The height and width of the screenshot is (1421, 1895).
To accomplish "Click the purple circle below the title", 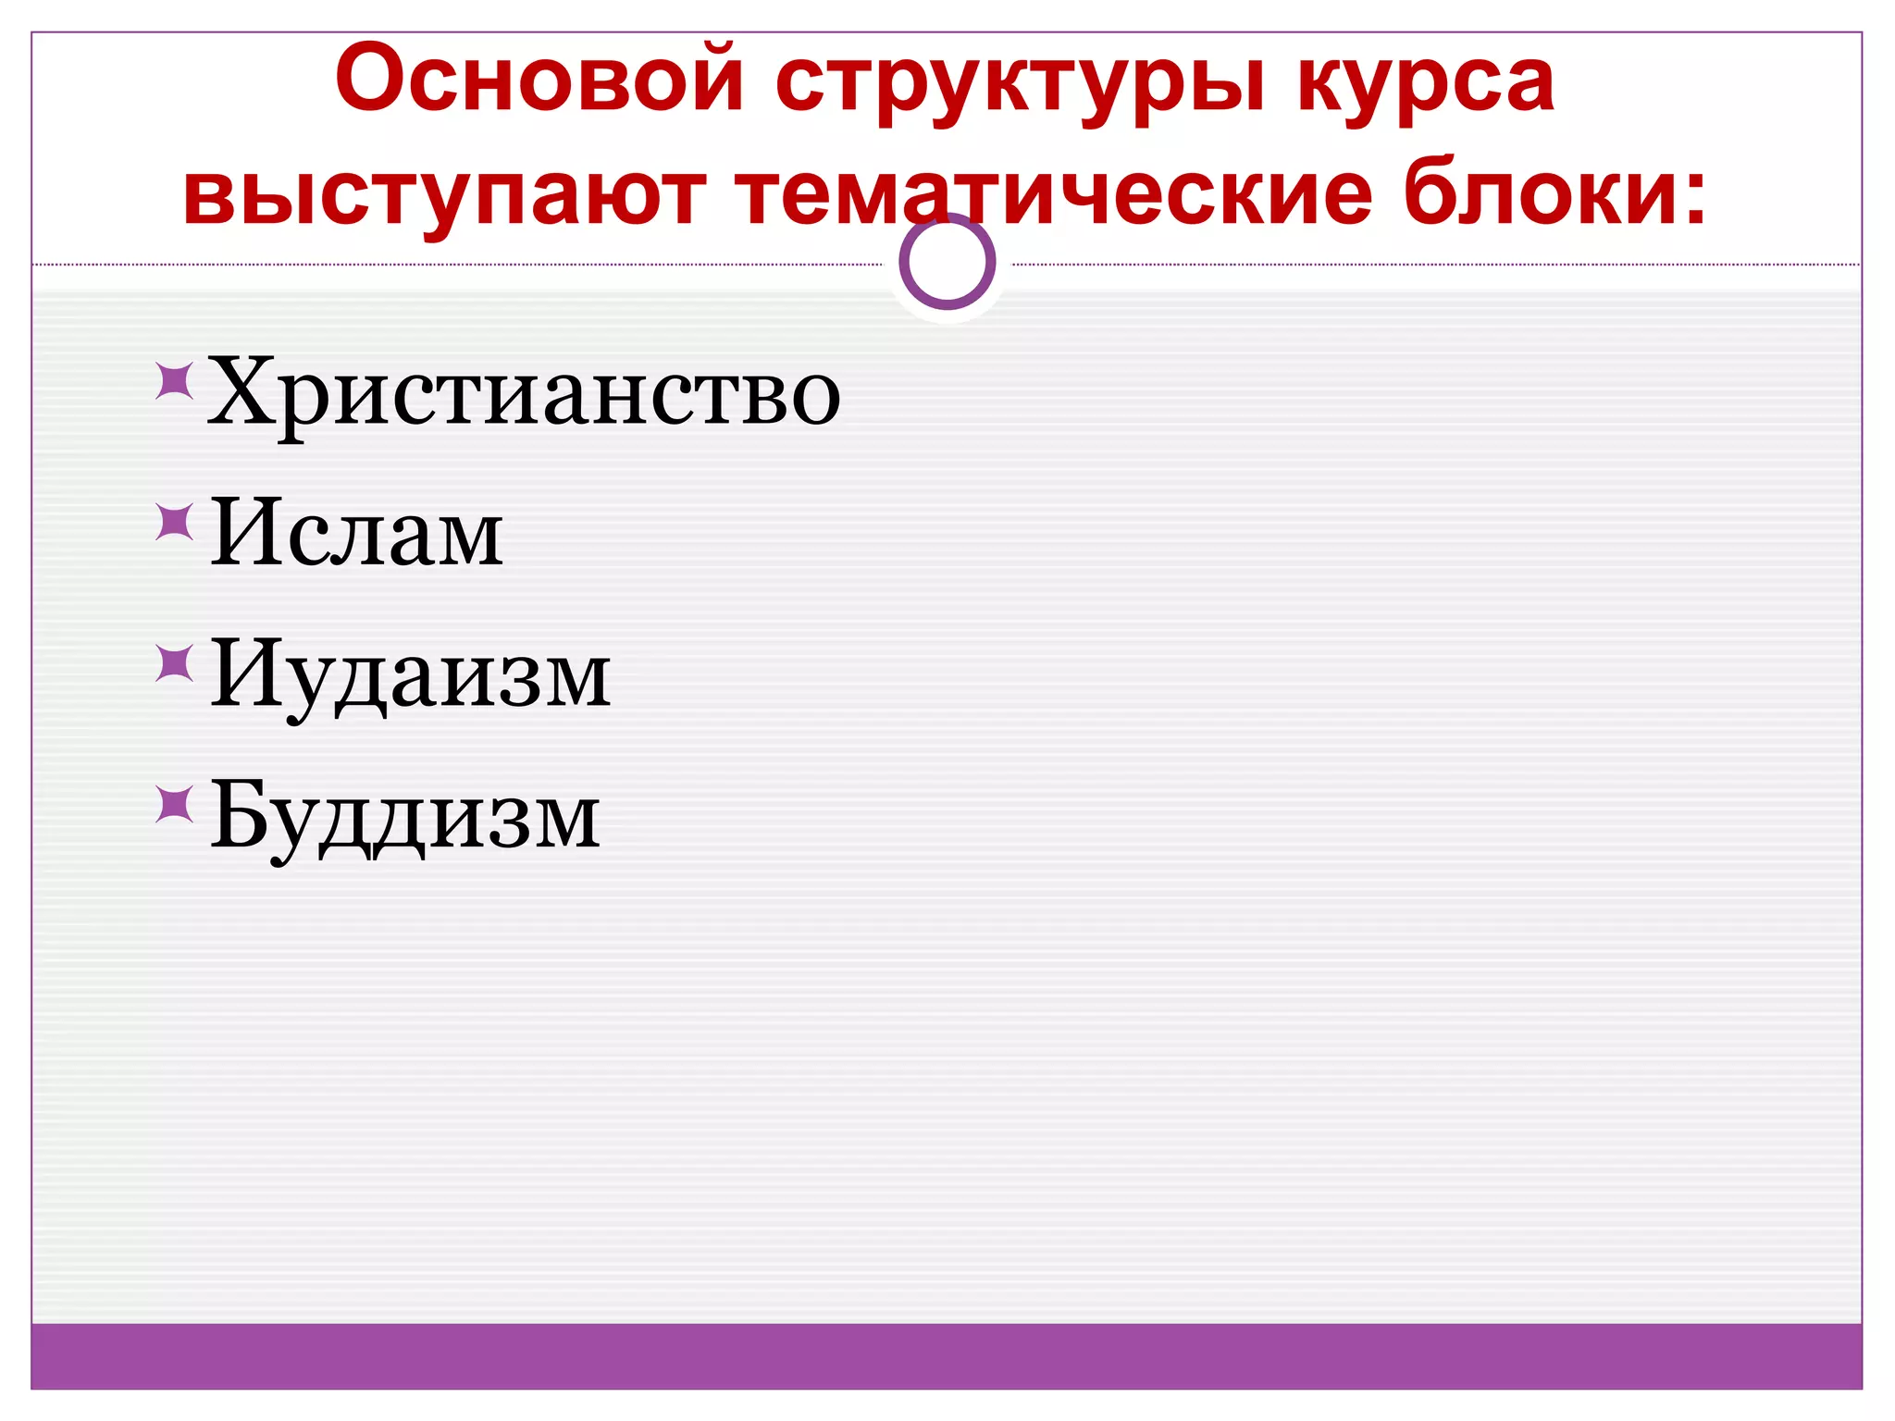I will [947, 262].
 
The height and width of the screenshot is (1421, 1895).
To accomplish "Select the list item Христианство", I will [524, 394].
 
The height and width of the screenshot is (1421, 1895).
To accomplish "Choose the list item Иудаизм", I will [410, 675].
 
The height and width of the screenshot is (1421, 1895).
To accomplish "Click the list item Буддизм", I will [404, 818].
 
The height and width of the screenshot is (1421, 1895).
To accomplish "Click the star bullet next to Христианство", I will [174, 380].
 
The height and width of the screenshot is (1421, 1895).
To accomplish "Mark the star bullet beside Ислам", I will [174, 522].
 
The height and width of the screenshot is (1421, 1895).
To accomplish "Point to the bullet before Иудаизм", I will [174, 663].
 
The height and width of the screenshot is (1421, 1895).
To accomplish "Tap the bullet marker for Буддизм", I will [174, 804].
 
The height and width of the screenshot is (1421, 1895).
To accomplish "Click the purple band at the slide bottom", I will [947, 1355].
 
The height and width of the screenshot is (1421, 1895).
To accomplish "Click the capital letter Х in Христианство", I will [243, 390].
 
